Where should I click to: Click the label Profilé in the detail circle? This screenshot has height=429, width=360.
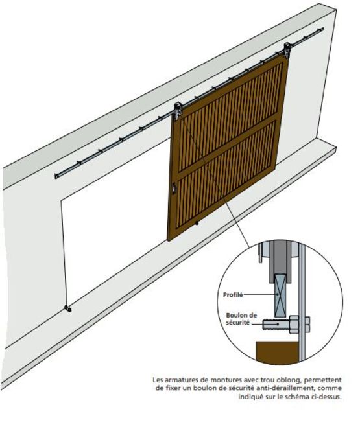point(233,295)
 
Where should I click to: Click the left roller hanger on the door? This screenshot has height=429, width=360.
point(178,111)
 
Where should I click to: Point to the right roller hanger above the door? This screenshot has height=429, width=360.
point(287,50)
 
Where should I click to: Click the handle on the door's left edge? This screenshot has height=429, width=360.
point(174,189)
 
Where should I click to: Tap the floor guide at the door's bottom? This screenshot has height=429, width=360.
point(197,224)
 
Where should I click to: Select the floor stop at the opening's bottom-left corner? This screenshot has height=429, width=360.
point(68,309)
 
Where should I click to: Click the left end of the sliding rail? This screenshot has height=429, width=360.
point(56,176)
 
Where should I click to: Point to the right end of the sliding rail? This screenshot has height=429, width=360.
point(322,29)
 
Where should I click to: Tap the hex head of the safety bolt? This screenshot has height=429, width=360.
point(294,324)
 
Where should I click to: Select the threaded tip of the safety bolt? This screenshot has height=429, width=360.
point(266,324)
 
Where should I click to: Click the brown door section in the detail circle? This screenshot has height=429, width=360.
point(277,353)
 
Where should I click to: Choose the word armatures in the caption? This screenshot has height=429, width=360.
point(180,380)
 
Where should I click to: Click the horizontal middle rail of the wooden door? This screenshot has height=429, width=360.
point(227,145)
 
